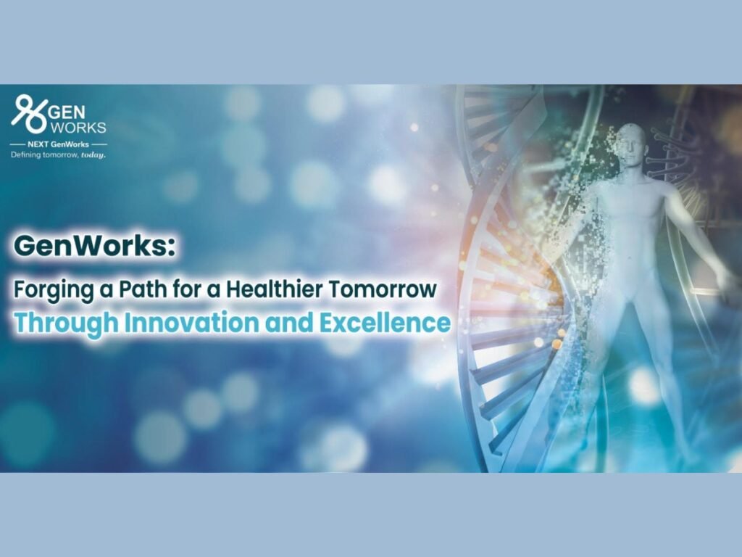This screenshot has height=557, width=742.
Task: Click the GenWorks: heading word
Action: (95, 247)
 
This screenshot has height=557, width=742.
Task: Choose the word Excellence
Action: (385, 322)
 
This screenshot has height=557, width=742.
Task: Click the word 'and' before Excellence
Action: (289, 322)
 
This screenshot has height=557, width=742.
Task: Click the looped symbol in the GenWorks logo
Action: (29, 114)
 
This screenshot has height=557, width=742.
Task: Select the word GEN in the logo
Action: (67, 112)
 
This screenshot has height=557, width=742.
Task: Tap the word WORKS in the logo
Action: (78, 128)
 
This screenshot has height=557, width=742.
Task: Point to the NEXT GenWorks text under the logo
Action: (58, 144)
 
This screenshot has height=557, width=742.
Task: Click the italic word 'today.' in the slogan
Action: (93, 155)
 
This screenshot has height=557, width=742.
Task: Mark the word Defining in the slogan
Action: (25, 155)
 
